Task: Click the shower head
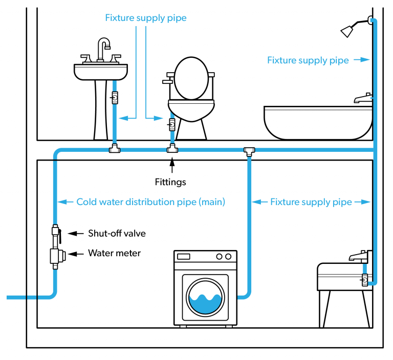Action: click(349, 30)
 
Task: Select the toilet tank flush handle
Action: click(166, 81)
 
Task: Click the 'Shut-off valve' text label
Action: click(117, 234)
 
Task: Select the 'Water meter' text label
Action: click(114, 253)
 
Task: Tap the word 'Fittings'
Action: click(170, 182)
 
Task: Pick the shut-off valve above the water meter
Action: click(56, 234)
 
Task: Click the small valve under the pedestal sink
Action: click(115, 97)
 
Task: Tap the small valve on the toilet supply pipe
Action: click(172, 123)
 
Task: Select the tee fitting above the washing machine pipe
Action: click(249, 151)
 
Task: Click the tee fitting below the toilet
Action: click(172, 150)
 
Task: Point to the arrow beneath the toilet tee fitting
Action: click(172, 165)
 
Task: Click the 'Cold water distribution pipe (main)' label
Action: click(150, 202)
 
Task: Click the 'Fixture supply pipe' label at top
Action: click(146, 18)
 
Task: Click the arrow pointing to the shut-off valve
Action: click(76, 234)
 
